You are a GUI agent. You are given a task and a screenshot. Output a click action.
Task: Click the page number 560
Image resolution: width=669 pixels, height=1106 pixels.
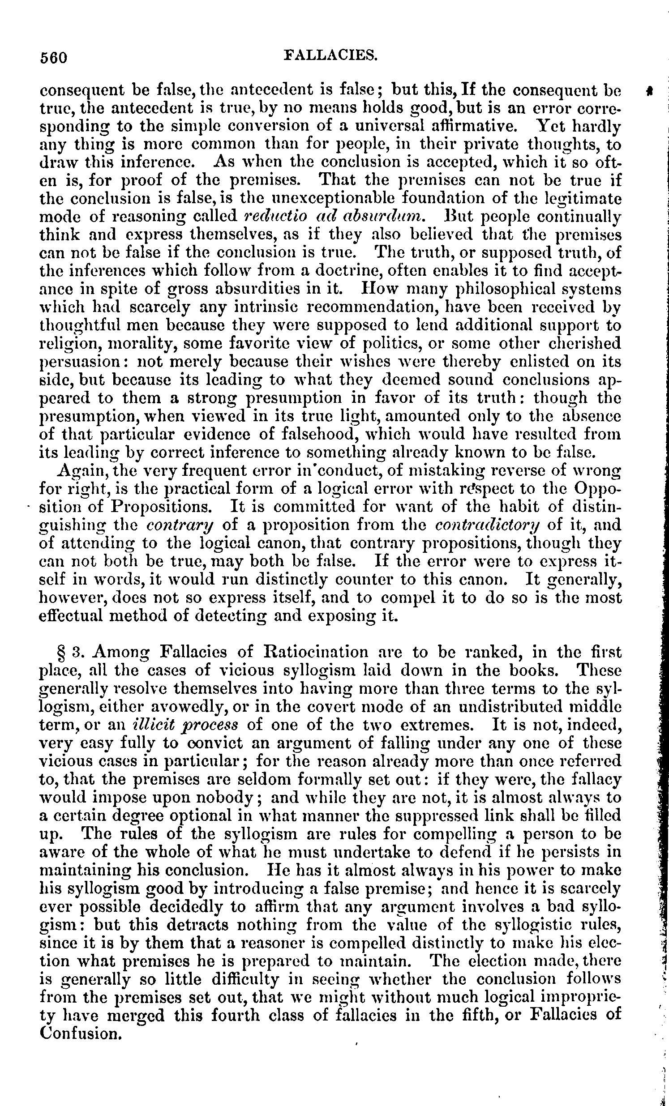click(x=53, y=57)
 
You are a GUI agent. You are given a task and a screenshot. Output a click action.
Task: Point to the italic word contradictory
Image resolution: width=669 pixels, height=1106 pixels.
click(x=488, y=524)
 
